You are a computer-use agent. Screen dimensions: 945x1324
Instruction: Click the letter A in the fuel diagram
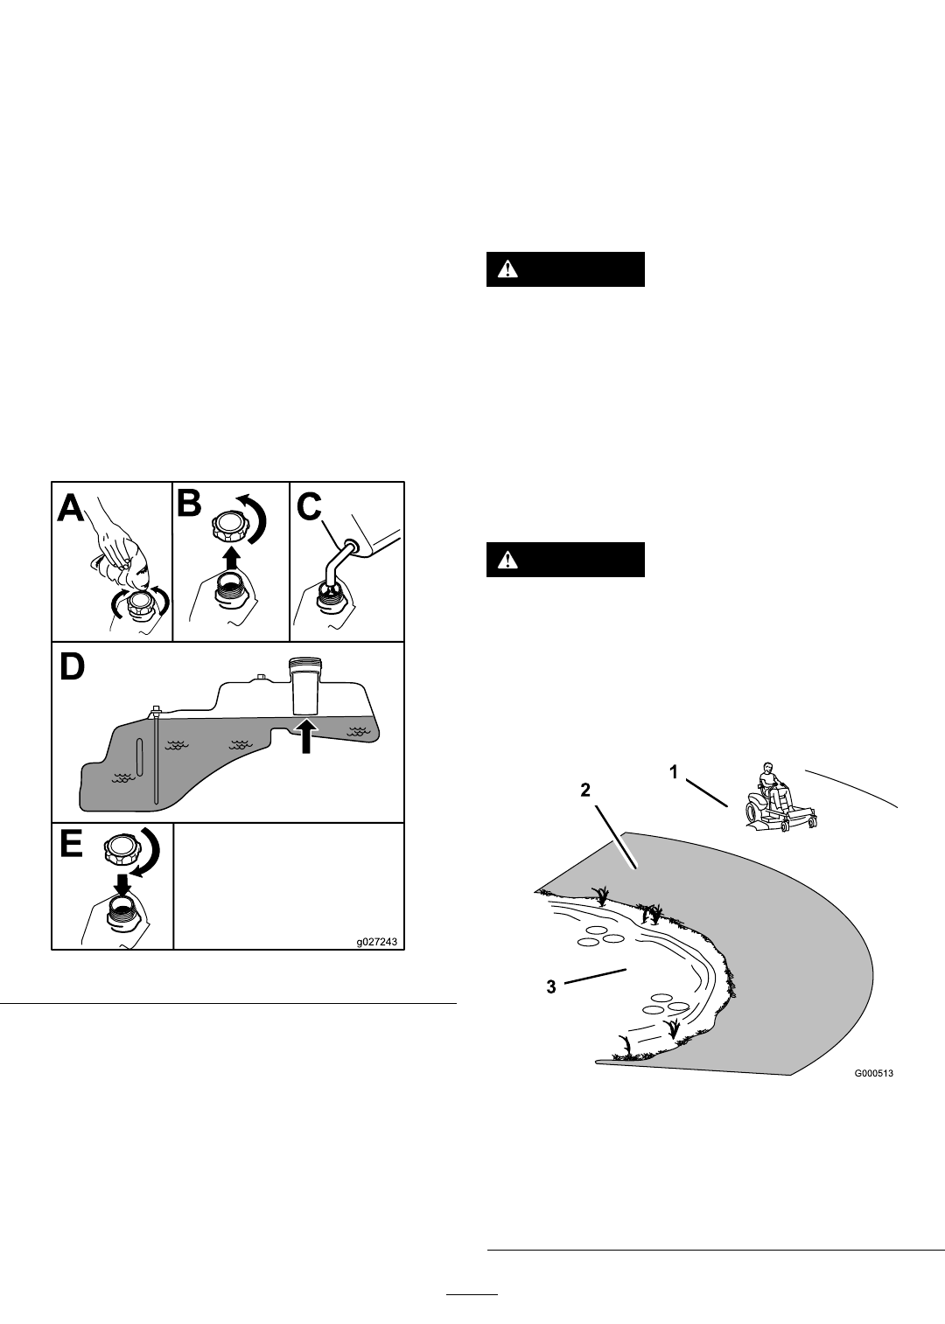[x=70, y=509]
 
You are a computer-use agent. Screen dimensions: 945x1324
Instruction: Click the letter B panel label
[x=189, y=505]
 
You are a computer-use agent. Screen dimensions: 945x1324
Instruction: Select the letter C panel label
[x=309, y=508]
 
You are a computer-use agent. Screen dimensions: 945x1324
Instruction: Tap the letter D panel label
[x=72, y=667]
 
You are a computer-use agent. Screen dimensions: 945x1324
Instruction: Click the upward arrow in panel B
[x=233, y=558]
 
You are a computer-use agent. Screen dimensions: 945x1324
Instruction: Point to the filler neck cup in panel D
[x=305, y=686]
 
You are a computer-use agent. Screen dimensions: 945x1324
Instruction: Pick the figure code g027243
[x=377, y=942]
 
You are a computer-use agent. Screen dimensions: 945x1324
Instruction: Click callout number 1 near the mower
[x=673, y=772]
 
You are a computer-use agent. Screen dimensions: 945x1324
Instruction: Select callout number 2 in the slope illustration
[x=584, y=791]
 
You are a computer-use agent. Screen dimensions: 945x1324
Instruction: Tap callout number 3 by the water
[x=551, y=986]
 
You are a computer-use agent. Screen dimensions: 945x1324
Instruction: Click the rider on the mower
[x=771, y=785]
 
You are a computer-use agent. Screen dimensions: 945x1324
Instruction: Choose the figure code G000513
[x=873, y=1073]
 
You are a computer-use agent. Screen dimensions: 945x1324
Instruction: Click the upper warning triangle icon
[x=507, y=269]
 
